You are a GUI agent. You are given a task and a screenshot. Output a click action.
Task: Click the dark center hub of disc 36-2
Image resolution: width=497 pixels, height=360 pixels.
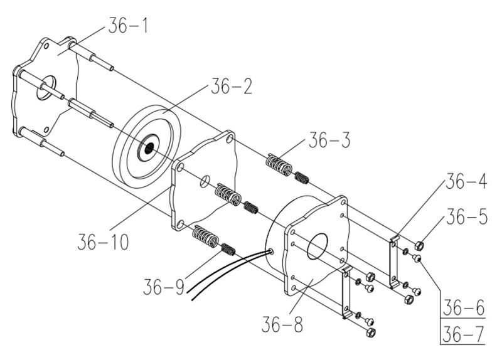click(x=149, y=146)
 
